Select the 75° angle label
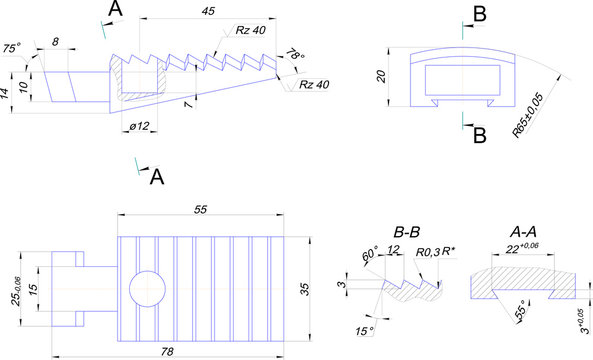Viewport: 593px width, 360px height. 12,48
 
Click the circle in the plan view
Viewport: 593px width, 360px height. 145,288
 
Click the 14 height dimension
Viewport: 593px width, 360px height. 6,91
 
